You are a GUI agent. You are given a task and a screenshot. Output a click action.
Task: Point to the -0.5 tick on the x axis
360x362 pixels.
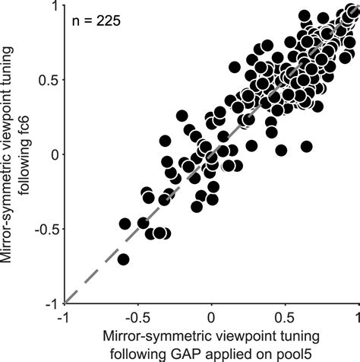(137, 316)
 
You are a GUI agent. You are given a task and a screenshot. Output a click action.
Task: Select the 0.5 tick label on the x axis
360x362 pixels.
(285, 316)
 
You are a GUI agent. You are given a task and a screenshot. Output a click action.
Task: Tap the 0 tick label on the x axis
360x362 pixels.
(212, 316)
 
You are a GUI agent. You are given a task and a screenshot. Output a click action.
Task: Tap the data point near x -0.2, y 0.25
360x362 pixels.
(182, 116)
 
